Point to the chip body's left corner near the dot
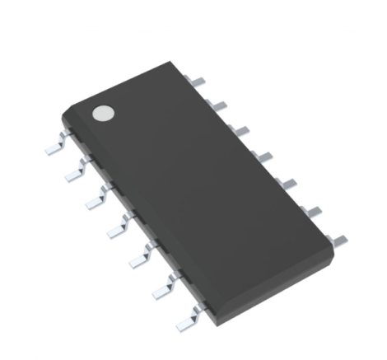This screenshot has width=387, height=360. tap(64, 116)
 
